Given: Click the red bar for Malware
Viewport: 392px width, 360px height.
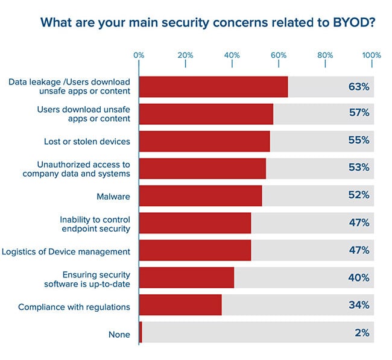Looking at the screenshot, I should coord(200,195).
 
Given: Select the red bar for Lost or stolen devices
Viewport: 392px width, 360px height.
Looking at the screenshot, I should coord(204,141).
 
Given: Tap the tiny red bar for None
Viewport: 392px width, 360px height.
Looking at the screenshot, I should coord(141,332).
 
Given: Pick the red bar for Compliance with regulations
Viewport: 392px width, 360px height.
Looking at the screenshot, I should coord(180,305).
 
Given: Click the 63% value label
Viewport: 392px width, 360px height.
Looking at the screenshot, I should coord(358,86).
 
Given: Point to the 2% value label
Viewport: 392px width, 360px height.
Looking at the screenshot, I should coord(361,332).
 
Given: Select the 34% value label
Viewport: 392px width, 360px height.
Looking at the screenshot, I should coord(358,305).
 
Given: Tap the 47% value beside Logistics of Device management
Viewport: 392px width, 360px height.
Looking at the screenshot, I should coord(358,250).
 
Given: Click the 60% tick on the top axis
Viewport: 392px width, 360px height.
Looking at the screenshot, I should coord(279,55).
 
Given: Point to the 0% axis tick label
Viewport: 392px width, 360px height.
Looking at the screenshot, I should coord(139,55).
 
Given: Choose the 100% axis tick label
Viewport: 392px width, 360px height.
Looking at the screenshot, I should coord(371,55).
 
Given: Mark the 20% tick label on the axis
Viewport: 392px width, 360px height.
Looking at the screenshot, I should coord(185,55).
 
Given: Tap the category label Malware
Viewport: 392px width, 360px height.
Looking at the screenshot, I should coord(113,196).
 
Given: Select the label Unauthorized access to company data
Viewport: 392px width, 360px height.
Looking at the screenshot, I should coord(84,168).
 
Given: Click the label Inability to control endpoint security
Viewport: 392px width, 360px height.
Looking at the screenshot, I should coord(95,223).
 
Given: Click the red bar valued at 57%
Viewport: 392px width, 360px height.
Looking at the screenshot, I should coord(206,113).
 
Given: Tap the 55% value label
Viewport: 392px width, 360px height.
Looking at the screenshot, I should coord(358,141).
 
